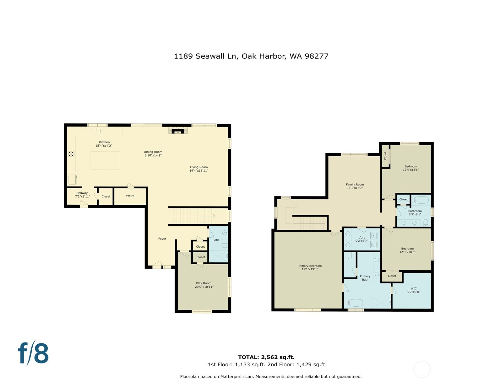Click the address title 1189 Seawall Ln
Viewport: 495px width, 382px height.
[x=251, y=56]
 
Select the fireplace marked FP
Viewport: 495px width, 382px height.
[x=178, y=132]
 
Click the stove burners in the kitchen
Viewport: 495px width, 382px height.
[x=71, y=154]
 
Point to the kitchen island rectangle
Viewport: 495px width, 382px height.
[x=105, y=160]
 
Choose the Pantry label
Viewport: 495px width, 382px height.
[x=130, y=196]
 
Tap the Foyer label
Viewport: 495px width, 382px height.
[x=162, y=239]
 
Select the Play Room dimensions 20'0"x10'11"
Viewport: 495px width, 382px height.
[x=204, y=287]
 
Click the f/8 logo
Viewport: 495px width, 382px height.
[x=33, y=353]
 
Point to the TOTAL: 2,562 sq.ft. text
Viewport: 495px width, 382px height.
[x=266, y=357]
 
